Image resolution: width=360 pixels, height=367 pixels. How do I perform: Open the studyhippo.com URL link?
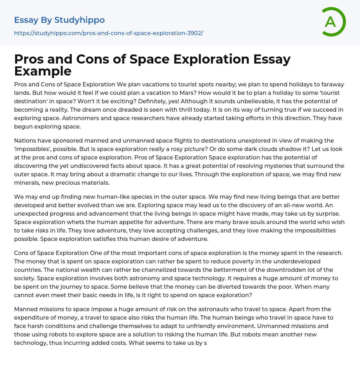(109, 33)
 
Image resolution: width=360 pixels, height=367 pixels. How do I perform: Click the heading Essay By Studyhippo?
(59, 20)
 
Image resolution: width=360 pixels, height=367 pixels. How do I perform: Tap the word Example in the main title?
(43, 71)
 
